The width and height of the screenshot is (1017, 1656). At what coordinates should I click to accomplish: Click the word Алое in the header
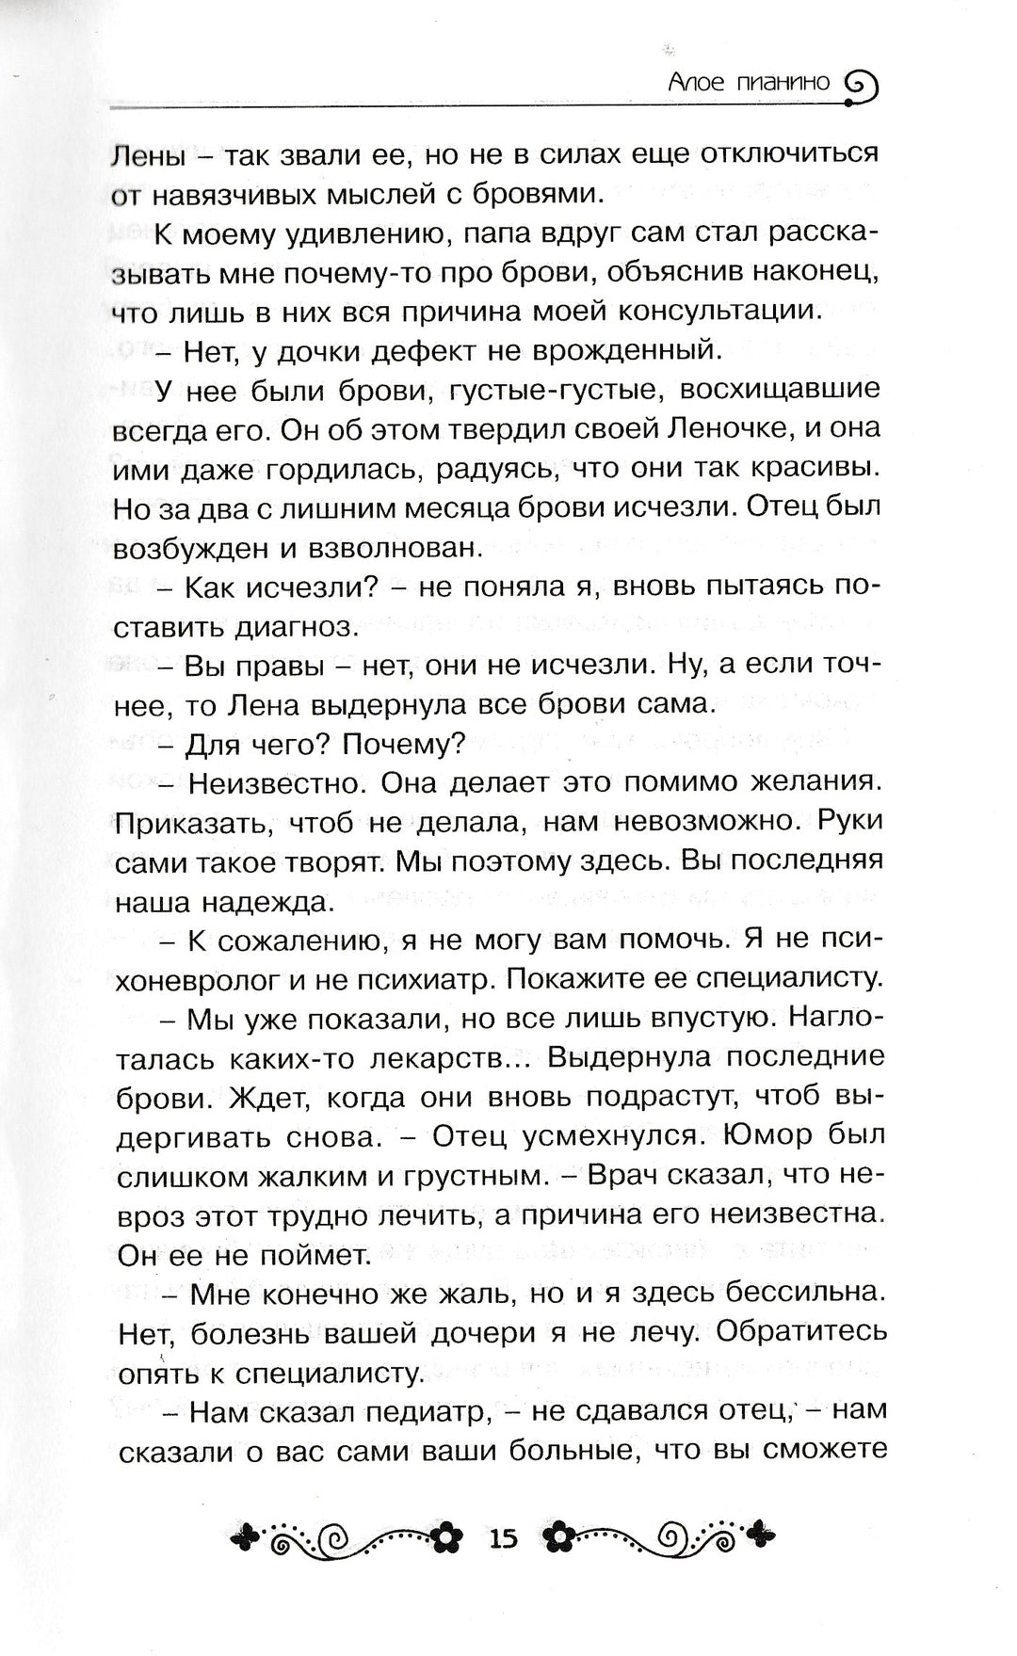pyautogui.click(x=697, y=83)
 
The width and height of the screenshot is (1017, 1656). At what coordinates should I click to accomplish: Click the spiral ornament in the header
pyautogui.click(x=860, y=86)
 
